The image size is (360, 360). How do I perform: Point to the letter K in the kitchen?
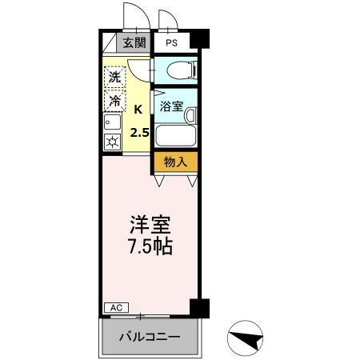(138, 109)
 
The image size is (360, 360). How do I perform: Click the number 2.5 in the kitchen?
(139, 132)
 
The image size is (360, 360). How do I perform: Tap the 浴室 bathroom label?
(170, 106)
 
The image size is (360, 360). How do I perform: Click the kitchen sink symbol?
(112, 124)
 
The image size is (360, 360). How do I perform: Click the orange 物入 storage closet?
(175, 161)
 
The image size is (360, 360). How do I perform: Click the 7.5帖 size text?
(150, 246)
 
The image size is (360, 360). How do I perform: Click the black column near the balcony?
(199, 308)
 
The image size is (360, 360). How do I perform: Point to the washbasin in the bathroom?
(190, 116)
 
